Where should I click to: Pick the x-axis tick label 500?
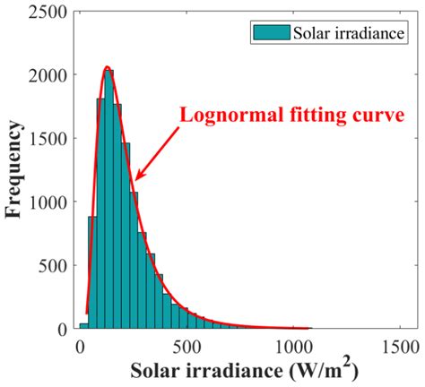tap(188, 346)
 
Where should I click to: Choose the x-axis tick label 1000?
tap(295, 346)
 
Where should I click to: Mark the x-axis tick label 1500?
tap(402, 346)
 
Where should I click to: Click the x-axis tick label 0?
tap(82, 346)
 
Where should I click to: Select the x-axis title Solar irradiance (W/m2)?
tap(242, 371)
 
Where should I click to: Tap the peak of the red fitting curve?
tap(107, 67)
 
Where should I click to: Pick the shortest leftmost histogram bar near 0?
tap(83, 326)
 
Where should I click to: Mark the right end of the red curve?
tap(310, 329)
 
